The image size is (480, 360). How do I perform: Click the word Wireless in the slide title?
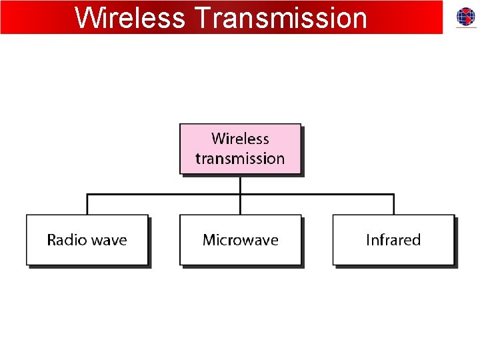[130, 18]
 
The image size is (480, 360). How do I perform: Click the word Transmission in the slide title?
[280, 18]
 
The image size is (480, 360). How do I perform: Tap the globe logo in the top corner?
[466, 17]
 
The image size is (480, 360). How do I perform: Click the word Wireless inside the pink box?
[240, 139]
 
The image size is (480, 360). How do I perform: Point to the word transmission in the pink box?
[240, 159]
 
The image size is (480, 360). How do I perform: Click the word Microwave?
[240, 240]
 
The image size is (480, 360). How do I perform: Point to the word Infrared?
[393, 240]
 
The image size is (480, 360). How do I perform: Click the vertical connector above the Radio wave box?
[87, 205]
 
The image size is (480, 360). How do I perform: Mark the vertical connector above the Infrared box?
[394, 205]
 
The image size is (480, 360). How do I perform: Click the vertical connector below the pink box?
[240, 185]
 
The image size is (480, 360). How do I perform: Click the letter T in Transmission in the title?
[203, 18]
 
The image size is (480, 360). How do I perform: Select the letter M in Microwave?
[209, 240]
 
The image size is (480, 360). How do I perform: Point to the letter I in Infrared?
[368, 240]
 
